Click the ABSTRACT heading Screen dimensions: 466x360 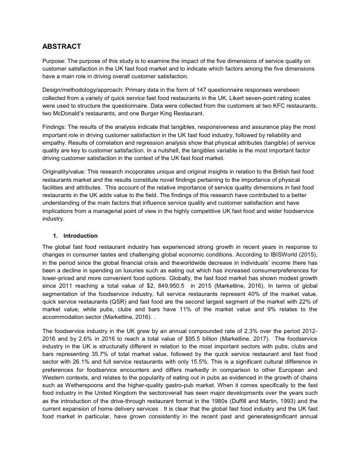point(61,46)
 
